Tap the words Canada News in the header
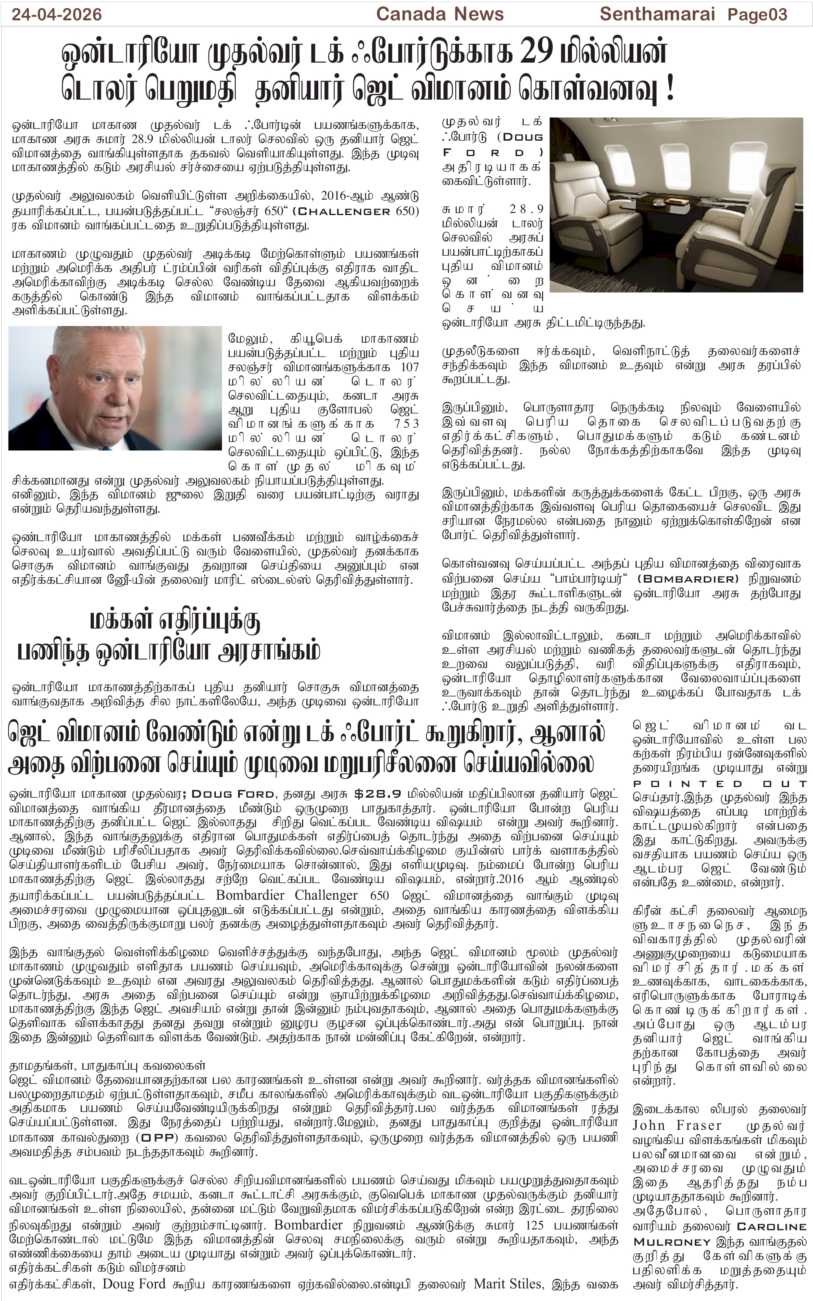(440, 14)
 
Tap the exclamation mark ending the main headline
(670, 89)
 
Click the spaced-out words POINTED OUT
(720, 784)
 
